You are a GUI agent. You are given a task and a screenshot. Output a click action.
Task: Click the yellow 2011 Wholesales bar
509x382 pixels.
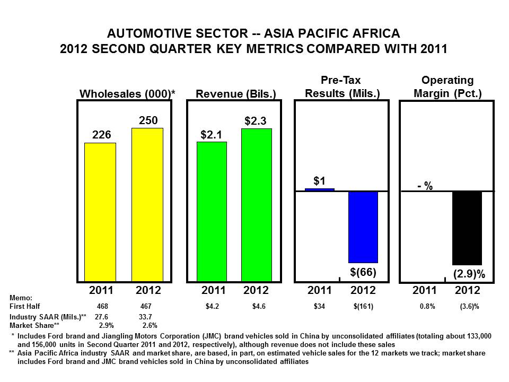coord(100,212)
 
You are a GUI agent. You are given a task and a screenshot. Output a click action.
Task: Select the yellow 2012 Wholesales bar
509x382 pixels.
coord(147,205)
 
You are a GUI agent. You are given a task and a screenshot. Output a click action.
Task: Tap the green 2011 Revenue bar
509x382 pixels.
coord(212,212)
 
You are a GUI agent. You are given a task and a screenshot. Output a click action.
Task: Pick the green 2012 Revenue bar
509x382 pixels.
coord(257,205)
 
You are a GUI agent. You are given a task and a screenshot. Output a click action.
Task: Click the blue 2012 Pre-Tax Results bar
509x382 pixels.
coord(363,227)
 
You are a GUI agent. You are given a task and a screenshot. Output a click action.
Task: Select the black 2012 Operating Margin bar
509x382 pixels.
coord(467,228)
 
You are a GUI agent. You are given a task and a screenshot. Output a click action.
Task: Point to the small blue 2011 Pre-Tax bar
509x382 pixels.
coord(320,190)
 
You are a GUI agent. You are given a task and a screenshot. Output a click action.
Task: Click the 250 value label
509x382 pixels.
coord(148,120)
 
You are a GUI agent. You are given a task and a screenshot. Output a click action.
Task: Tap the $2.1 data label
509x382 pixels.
coord(212,134)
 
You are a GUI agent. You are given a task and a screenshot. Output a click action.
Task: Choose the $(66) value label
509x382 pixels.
coord(363,272)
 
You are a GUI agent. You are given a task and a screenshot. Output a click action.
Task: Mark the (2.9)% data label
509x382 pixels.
coord(469,274)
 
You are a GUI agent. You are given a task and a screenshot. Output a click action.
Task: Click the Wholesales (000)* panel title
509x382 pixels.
coord(127,93)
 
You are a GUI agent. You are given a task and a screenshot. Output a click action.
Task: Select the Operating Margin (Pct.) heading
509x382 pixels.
coord(447,86)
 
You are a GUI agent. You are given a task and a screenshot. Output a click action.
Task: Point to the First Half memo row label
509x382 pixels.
coord(25,306)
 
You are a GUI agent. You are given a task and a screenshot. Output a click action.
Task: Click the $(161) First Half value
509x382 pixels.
coord(363,306)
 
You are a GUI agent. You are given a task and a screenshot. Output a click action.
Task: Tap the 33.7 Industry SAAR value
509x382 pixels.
coord(145,317)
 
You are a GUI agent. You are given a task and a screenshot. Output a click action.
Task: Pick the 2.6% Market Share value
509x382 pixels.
coord(150,325)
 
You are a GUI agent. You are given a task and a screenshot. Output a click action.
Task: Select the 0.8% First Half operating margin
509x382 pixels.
coord(427,306)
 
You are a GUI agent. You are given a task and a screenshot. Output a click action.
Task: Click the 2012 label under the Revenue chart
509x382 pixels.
coord(256,290)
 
